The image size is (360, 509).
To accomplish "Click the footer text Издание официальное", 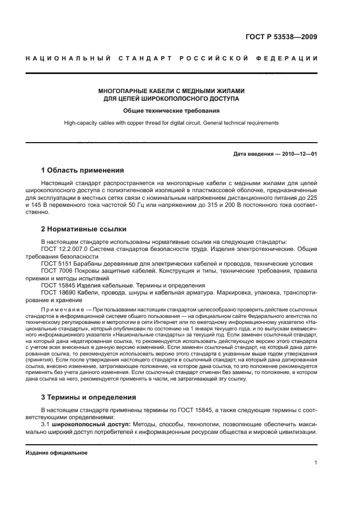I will (x=57, y=452).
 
